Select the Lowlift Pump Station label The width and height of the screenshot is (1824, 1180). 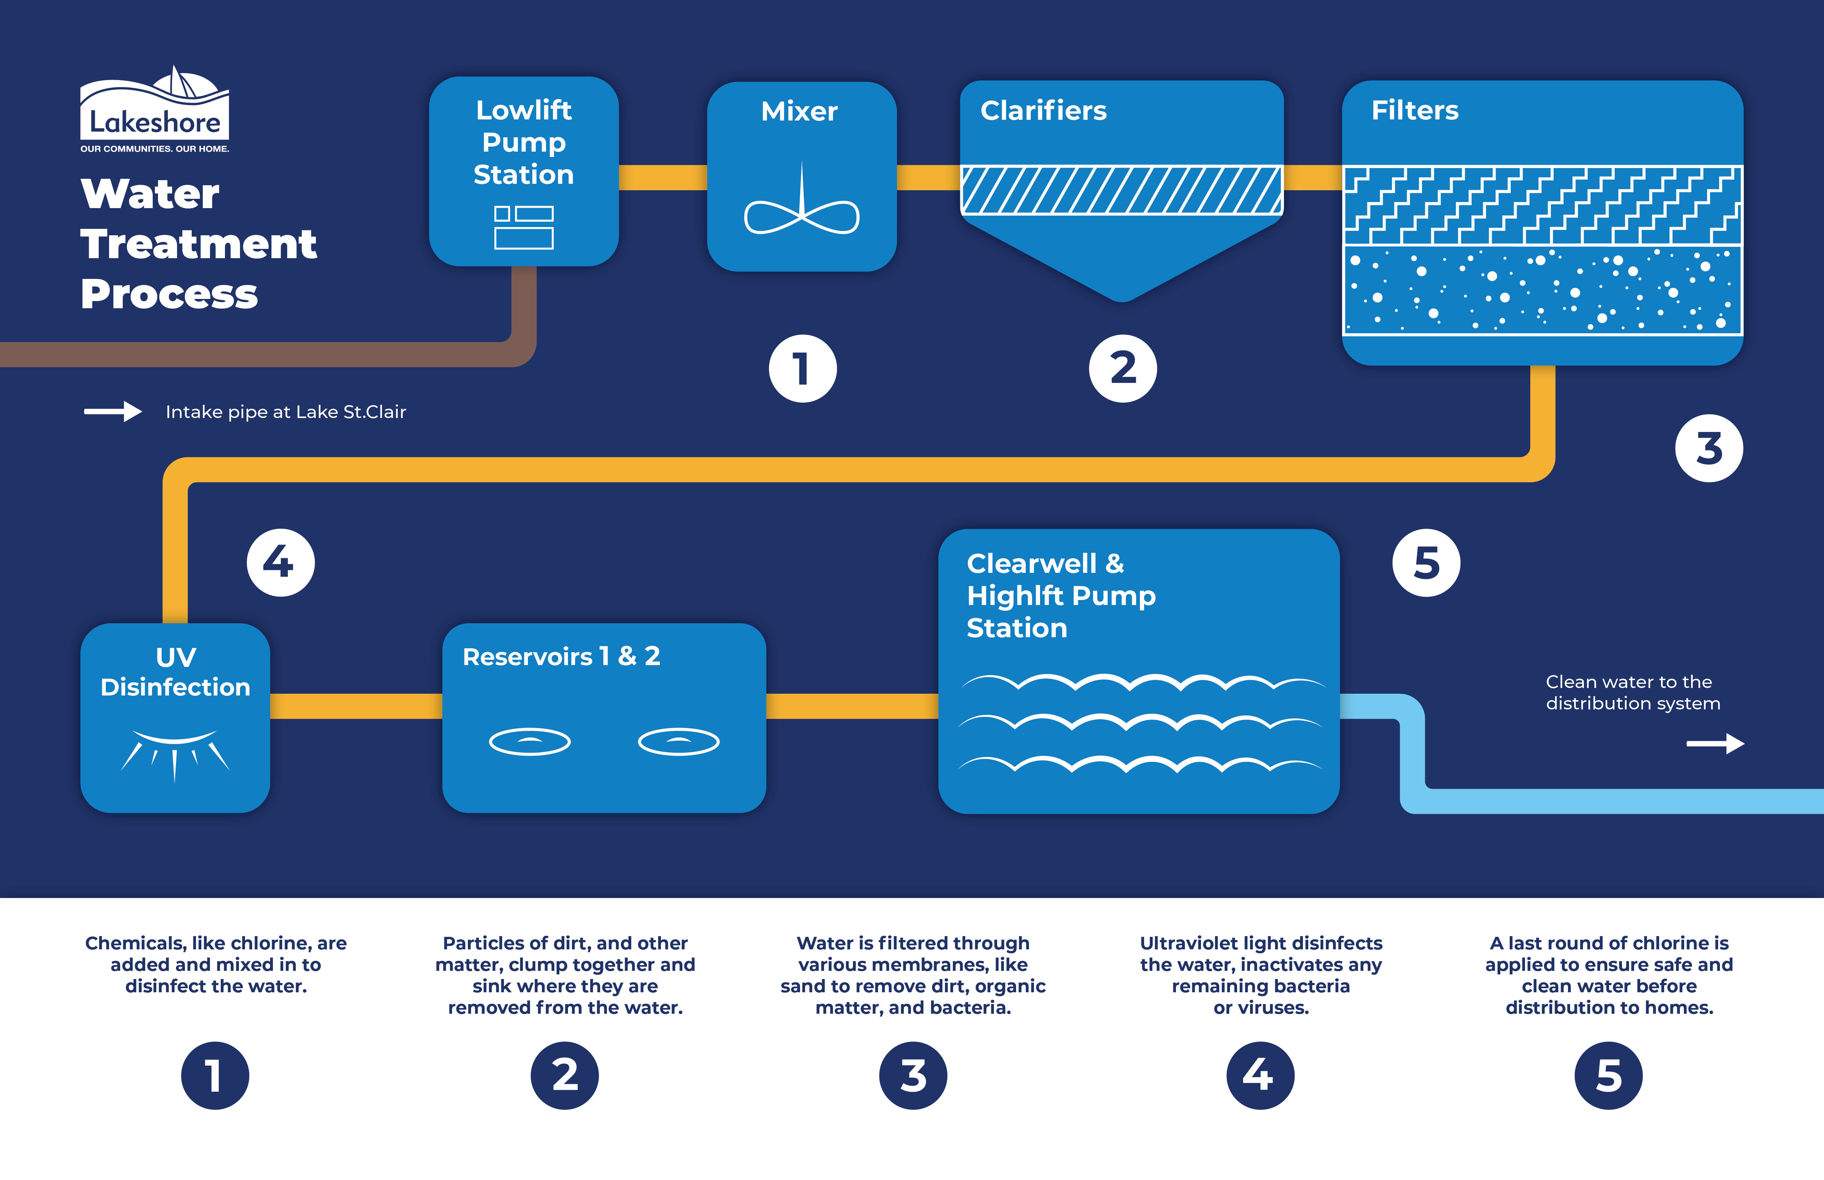pos(524,143)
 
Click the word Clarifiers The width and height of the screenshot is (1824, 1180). pos(1043,111)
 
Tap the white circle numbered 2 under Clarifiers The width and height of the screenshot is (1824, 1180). pos(1123,369)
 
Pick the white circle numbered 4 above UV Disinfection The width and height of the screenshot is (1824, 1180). pos(280,562)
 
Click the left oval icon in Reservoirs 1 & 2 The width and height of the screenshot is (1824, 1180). pos(530,741)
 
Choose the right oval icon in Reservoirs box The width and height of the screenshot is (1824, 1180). pos(678,741)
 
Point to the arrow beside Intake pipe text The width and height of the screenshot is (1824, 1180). pos(113,412)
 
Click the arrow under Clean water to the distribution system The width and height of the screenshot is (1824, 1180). pos(1715,743)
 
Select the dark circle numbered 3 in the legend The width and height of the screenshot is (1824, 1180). pos(913,1075)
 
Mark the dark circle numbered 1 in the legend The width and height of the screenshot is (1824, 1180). pos(215,1075)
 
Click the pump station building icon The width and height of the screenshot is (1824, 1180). pos(524,227)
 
